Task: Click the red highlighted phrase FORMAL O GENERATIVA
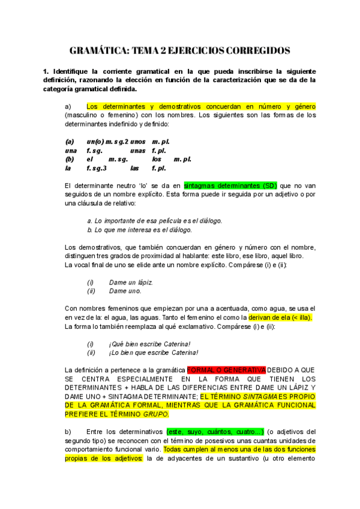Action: [x=226, y=370]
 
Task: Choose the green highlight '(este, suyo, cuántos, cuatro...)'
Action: [x=215, y=432]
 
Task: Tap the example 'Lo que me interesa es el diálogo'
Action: [x=139, y=229]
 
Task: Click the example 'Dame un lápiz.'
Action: [x=131, y=282]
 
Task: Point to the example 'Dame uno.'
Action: [x=125, y=291]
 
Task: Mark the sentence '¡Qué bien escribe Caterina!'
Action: [x=149, y=344]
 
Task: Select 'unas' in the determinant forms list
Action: [x=137, y=151]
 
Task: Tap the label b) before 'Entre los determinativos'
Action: [x=68, y=432]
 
